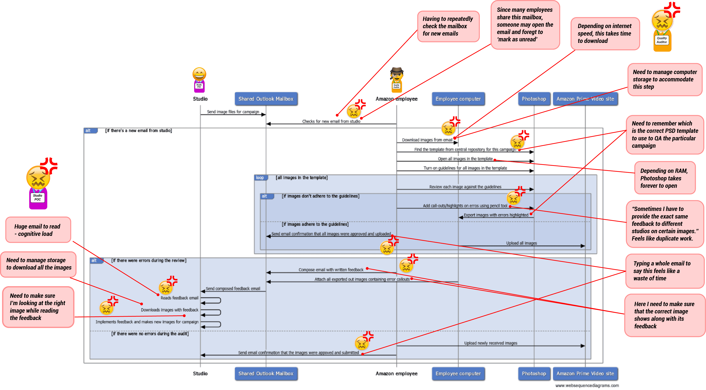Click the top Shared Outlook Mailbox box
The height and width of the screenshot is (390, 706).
266,99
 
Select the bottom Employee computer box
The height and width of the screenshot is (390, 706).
458,374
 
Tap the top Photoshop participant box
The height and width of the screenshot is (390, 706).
534,99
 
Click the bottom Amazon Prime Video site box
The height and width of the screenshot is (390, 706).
585,374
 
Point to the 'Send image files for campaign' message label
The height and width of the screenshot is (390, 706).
233,112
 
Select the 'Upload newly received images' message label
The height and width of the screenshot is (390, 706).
491,343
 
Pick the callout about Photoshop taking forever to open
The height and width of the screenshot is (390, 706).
665,178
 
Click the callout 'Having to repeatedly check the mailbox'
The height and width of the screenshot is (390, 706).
448,26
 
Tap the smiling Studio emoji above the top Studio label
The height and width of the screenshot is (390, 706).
199,74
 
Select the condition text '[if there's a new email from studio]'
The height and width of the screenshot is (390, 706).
138,131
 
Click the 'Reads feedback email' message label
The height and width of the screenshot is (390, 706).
179,298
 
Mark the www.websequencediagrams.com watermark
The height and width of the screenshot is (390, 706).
587,385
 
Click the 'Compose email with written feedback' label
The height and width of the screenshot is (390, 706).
331,270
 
